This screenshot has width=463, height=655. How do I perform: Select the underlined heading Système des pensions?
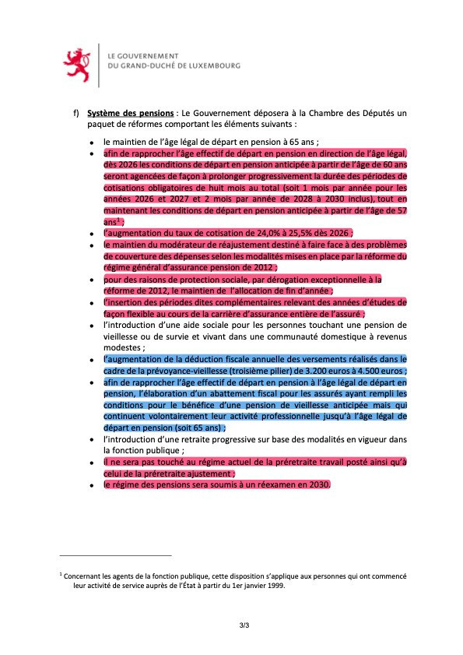pos(130,113)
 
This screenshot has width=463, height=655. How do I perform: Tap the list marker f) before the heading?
pos(76,113)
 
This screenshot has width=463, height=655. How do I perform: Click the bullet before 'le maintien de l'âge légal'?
pos(92,143)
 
